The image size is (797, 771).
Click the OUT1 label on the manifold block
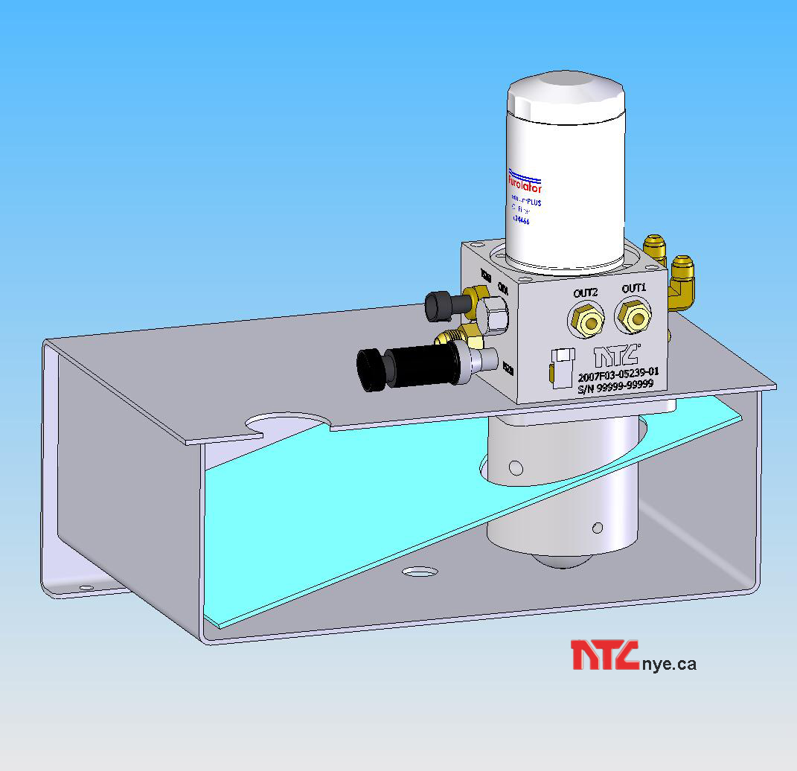point(634,288)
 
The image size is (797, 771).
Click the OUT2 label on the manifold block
point(586,292)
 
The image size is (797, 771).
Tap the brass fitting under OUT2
point(585,321)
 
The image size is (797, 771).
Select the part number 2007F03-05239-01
point(617,371)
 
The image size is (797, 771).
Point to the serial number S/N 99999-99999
point(615,384)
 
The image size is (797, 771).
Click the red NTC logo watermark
point(604,655)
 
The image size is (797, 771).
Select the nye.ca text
point(668,663)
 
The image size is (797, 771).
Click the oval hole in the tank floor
point(420,572)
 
